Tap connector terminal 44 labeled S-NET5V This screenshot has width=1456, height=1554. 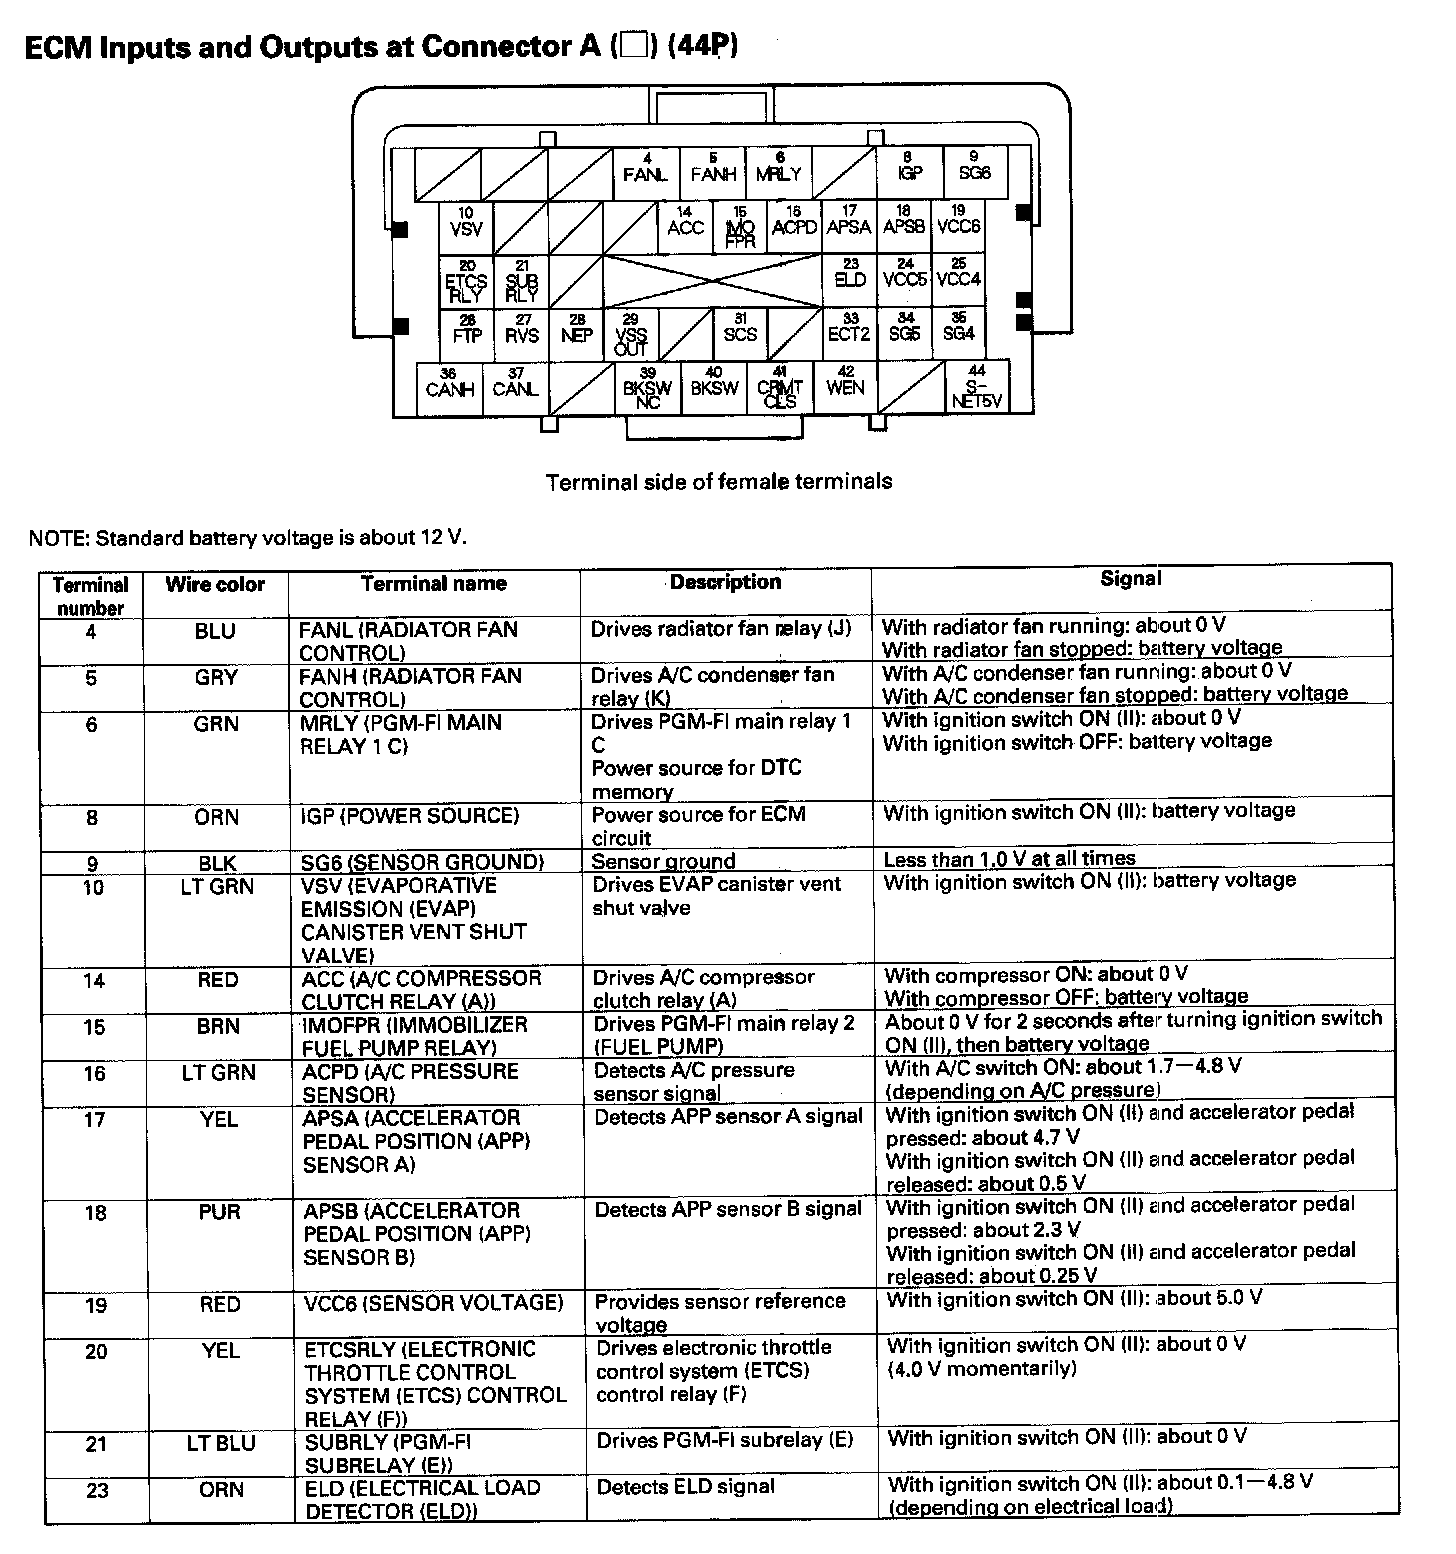[x=977, y=387]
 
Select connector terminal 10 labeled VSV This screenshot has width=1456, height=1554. [x=466, y=227]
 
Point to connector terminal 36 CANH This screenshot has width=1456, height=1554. [x=449, y=387]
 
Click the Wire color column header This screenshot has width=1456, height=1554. [x=215, y=585]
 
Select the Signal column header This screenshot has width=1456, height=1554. [x=1131, y=579]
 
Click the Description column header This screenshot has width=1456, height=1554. [x=726, y=582]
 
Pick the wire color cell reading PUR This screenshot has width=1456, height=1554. [x=219, y=1212]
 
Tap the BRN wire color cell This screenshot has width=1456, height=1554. [x=218, y=1026]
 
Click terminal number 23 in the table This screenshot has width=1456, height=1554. [x=96, y=1490]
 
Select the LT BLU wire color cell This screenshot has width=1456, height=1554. [x=220, y=1443]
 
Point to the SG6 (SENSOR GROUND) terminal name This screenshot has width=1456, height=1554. [x=422, y=862]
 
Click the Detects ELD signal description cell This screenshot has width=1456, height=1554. [x=686, y=1487]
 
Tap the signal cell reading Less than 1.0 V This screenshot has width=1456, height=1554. [x=1010, y=859]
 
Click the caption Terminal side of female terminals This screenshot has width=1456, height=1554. [x=719, y=482]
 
